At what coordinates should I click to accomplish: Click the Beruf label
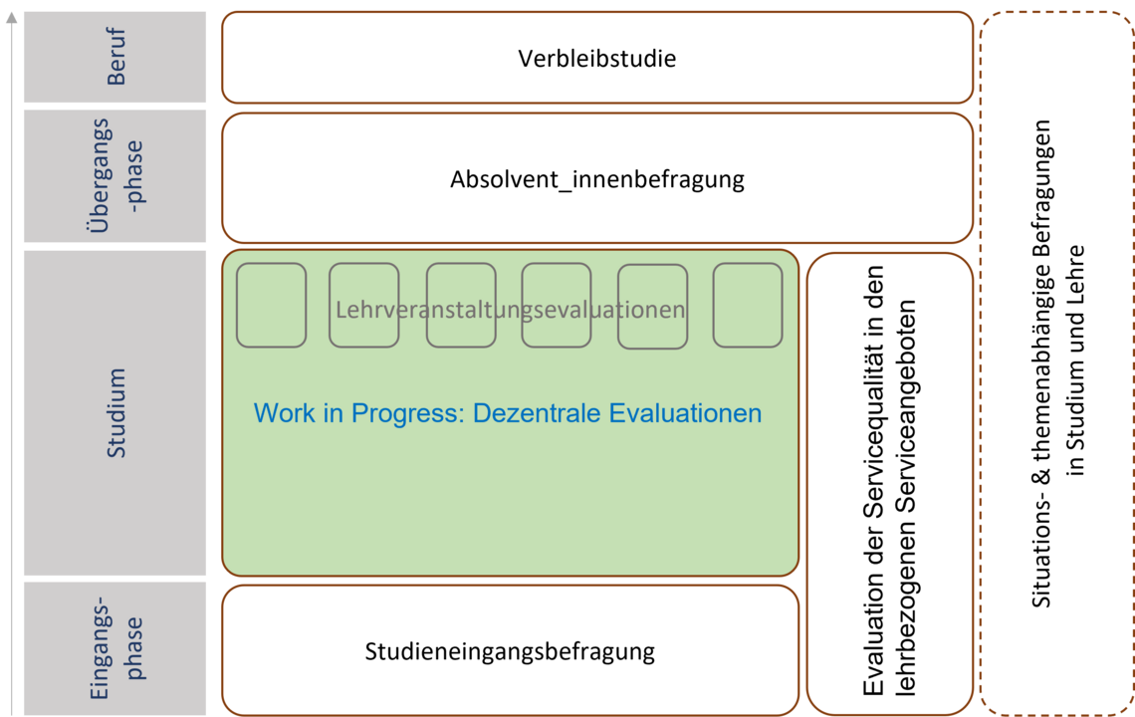click(x=115, y=57)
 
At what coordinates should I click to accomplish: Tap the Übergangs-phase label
click(x=115, y=175)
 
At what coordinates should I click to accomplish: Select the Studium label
click(x=116, y=412)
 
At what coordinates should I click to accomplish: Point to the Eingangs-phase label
click(x=115, y=647)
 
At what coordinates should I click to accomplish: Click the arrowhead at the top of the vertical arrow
click(x=11, y=16)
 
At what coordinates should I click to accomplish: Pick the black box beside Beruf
click(x=596, y=58)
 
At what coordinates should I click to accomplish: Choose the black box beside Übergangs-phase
click(x=596, y=178)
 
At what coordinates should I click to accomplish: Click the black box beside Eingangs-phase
click(x=510, y=649)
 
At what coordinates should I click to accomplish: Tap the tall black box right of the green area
click(x=889, y=484)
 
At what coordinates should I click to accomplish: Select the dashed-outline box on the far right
click(x=1055, y=362)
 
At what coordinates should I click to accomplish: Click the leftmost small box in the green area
click(x=271, y=305)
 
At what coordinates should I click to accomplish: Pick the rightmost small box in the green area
click(x=748, y=305)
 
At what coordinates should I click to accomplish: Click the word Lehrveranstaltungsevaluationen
click(x=510, y=310)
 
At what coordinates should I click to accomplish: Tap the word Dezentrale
click(x=538, y=413)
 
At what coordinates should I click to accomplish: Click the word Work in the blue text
click(x=284, y=413)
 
